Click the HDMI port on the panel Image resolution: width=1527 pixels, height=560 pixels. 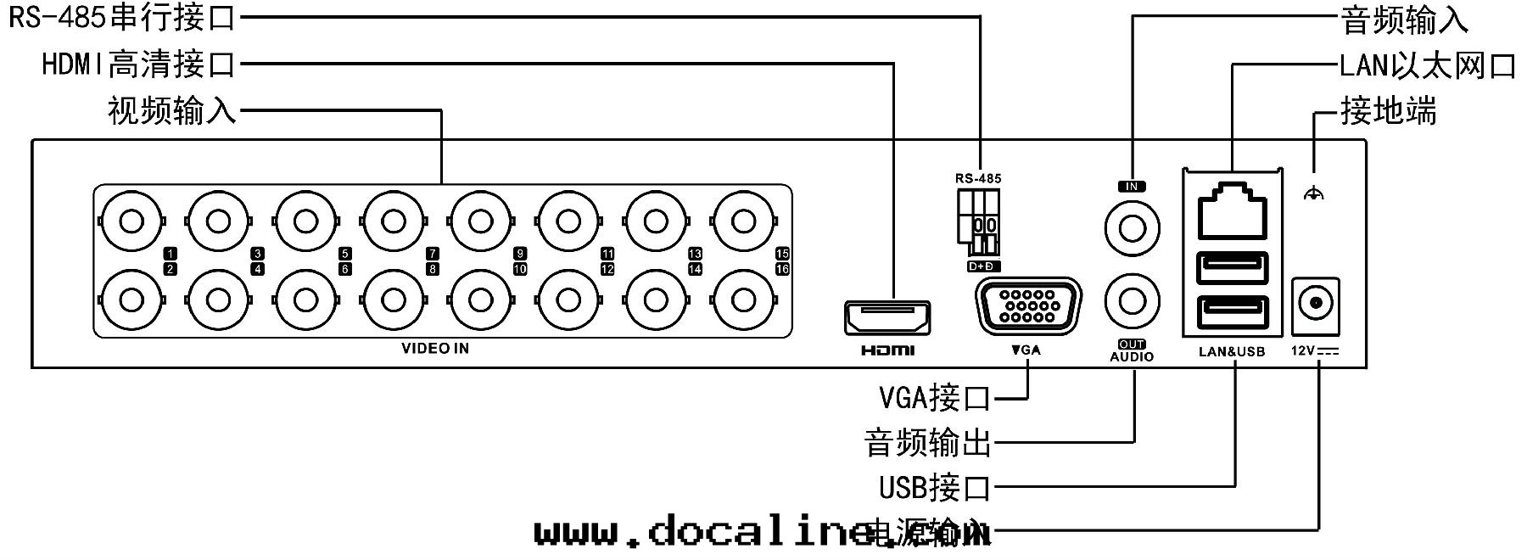click(x=887, y=317)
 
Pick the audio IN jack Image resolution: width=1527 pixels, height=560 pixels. click(x=1133, y=227)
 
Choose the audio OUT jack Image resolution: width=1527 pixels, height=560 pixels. click(x=1133, y=300)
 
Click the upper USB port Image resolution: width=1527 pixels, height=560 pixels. click(x=1232, y=269)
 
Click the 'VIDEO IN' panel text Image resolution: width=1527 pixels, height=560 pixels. click(x=435, y=349)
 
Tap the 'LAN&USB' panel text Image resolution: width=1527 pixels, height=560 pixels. click(x=1232, y=352)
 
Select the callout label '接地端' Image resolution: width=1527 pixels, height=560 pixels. click(x=1389, y=111)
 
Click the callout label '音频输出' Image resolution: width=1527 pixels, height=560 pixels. click(x=927, y=443)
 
